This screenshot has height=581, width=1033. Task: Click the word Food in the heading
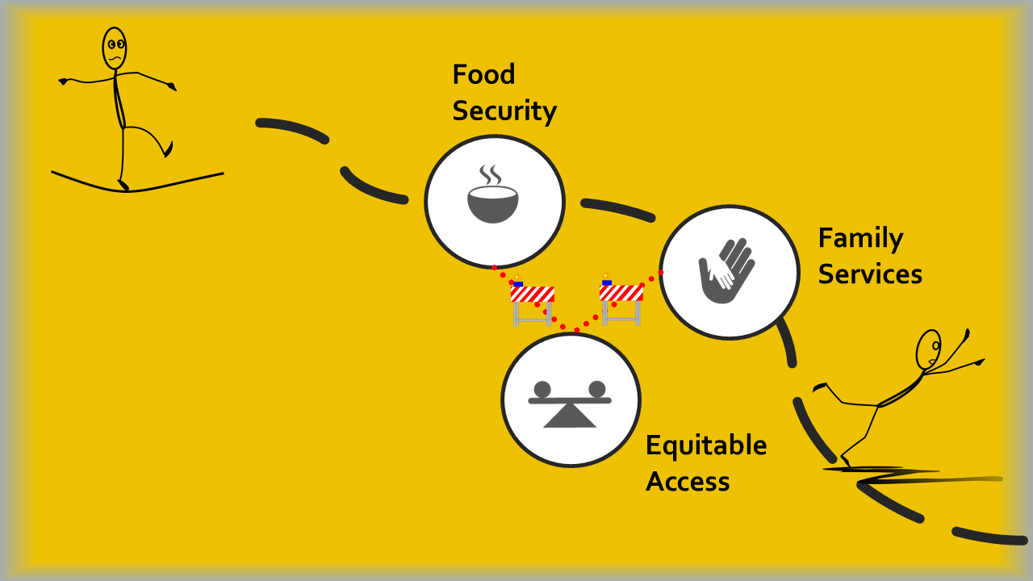483,75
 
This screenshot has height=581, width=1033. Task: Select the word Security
504,111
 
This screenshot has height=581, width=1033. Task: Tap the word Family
860,239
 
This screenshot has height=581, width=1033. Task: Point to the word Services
870,274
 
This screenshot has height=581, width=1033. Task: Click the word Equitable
706,445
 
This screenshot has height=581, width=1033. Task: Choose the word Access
688,482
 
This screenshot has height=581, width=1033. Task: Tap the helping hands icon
726,270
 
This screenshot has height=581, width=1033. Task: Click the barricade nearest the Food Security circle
532,303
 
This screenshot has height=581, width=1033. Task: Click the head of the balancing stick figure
115,48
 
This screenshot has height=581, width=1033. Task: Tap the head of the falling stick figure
929,349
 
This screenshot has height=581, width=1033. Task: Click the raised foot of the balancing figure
168,150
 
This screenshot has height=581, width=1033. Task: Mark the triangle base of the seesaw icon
570,416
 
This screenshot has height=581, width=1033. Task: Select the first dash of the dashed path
292,129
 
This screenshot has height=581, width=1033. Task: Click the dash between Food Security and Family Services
617,207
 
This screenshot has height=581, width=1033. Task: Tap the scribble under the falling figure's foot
896,476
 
